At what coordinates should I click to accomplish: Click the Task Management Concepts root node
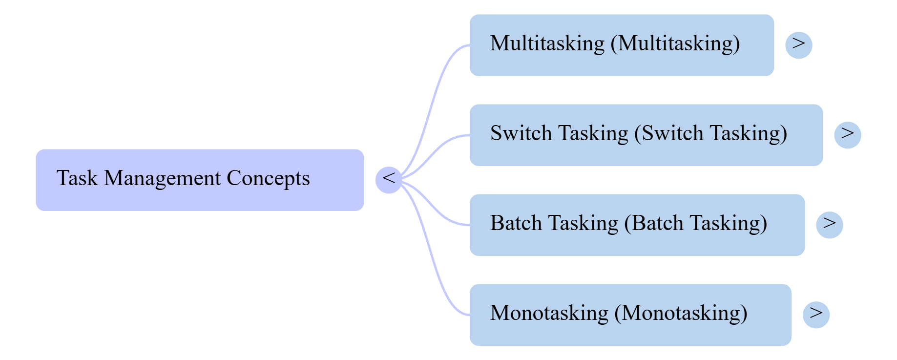(200, 180)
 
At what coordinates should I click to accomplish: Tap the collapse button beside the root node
(389, 180)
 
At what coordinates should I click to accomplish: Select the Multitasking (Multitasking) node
(622, 45)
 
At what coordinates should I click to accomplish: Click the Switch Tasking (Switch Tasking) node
(646, 135)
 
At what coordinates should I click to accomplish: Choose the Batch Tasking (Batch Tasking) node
(637, 225)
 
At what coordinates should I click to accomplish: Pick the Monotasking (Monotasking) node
(630, 315)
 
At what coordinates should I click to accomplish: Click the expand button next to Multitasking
(799, 45)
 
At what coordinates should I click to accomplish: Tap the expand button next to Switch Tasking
(848, 135)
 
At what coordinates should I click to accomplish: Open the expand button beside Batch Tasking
(830, 225)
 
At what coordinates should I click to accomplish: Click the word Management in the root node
(162, 178)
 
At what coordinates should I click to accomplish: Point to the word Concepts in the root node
(268, 178)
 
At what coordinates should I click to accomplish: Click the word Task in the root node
(77, 178)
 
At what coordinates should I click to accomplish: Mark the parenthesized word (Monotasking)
(681, 313)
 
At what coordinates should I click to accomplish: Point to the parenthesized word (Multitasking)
(675, 43)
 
